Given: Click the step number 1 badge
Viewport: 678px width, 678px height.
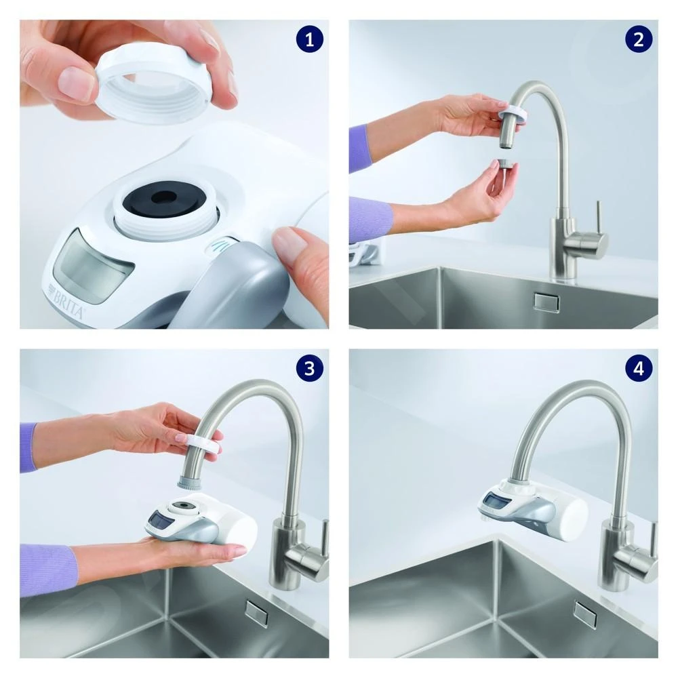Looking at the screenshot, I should click(x=310, y=40).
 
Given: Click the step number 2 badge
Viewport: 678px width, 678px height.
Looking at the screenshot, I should click(x=638, y=40).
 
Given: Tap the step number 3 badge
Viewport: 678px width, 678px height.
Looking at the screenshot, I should click(x=310, y=369).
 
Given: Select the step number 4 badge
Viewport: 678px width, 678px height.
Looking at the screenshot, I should click(x=638, y=369).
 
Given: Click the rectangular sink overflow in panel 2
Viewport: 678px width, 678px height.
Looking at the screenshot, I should click(x=544, y=301).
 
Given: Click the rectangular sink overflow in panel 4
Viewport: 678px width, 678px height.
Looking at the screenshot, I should click(x=584, y=614).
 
